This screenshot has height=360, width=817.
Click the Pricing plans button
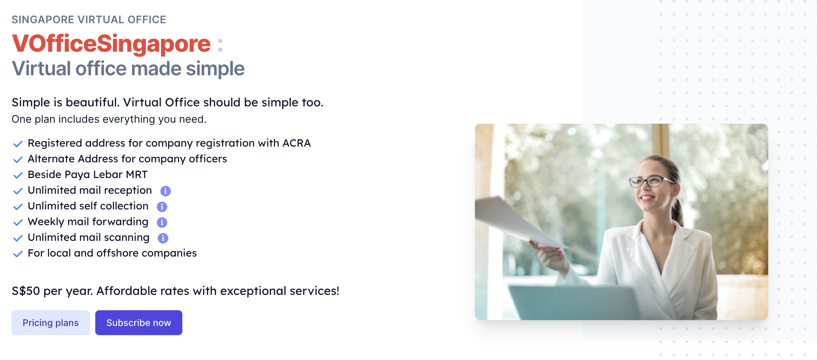pos(51,323)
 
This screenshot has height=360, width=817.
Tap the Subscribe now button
pos(139,323)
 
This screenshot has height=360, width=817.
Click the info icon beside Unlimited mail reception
pos(166,191)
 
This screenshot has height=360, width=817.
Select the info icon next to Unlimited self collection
pos(162,207)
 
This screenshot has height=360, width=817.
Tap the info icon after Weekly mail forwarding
pos(162,222)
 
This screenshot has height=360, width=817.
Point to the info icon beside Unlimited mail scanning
pos(163,238)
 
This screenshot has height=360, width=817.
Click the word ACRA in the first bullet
pos(297,143)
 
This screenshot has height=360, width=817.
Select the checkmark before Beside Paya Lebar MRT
pos(18,175)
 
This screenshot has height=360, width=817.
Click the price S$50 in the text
pos(26,291)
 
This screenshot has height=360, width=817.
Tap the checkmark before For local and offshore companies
pos(18,254)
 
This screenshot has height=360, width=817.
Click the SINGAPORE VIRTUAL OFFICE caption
pos(89,20)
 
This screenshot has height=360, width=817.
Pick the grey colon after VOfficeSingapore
pos(220,45)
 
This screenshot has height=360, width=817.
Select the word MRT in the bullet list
pos(137,174)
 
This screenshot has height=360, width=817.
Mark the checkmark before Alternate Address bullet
pos(18,160)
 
